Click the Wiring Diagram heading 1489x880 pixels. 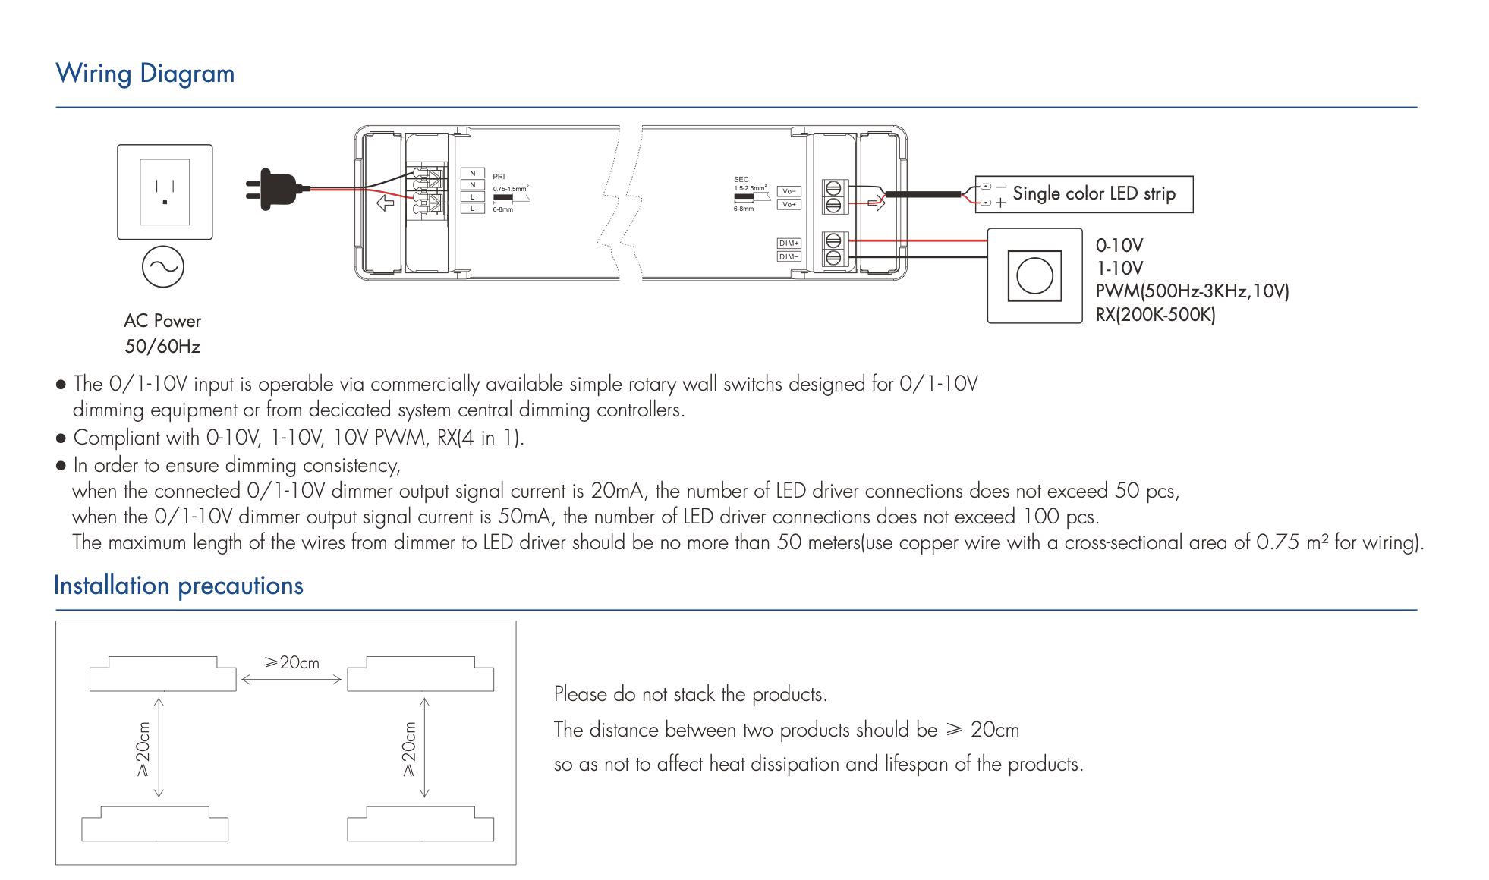(145, 74)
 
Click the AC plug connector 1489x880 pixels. (275, 189)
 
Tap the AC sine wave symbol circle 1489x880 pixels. (163, 267)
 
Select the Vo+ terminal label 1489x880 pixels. (789, 205)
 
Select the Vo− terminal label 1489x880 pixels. (789, 191)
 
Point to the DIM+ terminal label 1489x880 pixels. (789, 244)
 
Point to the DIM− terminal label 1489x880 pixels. (789, 256)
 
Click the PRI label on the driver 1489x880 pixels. (499, 177)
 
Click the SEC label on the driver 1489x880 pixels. (741, 180)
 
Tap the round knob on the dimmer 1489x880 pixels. (1034, 275)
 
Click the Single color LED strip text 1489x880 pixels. (1094, 193)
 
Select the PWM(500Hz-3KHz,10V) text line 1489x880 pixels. (1192, 291)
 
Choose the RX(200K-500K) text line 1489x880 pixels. (1155, 315)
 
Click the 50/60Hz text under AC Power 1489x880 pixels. (162, 347)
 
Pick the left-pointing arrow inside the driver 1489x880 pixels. (386, 203)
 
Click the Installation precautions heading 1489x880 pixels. (178, 586)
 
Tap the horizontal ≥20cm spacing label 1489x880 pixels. (292, 662)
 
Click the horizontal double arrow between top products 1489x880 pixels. (291, 680)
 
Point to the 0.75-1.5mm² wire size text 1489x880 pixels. (510, 189)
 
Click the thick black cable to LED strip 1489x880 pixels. (923, 194)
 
